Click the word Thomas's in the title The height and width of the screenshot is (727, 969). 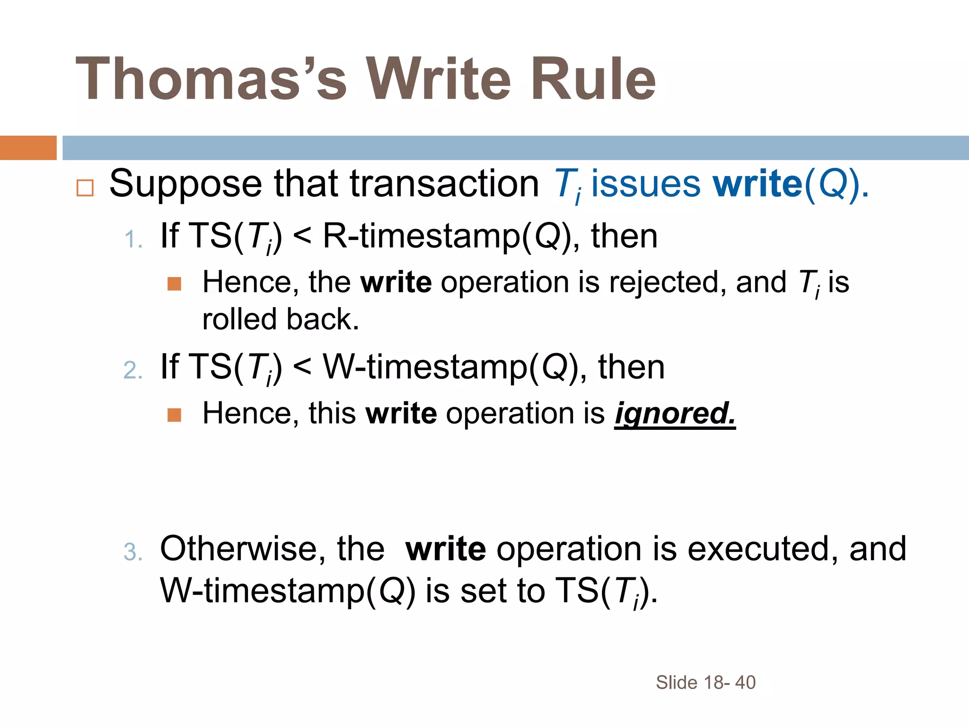(x=211, y=79)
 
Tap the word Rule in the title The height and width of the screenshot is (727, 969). (x=593, y=79)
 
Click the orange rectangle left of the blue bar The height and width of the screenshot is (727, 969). (x=28, y=148)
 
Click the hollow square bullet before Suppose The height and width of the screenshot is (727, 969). (x=85, y=188)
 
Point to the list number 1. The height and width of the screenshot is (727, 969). (x=132, y=239)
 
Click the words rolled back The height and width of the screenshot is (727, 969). (x=280, y=319)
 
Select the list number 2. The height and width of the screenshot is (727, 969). (x=132, y=370)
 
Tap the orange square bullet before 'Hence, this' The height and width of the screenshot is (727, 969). (x=175, y=415)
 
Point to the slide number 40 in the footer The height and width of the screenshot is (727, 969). (x=745, y=683)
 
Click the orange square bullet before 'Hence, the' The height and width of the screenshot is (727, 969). (x=175, y=284)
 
